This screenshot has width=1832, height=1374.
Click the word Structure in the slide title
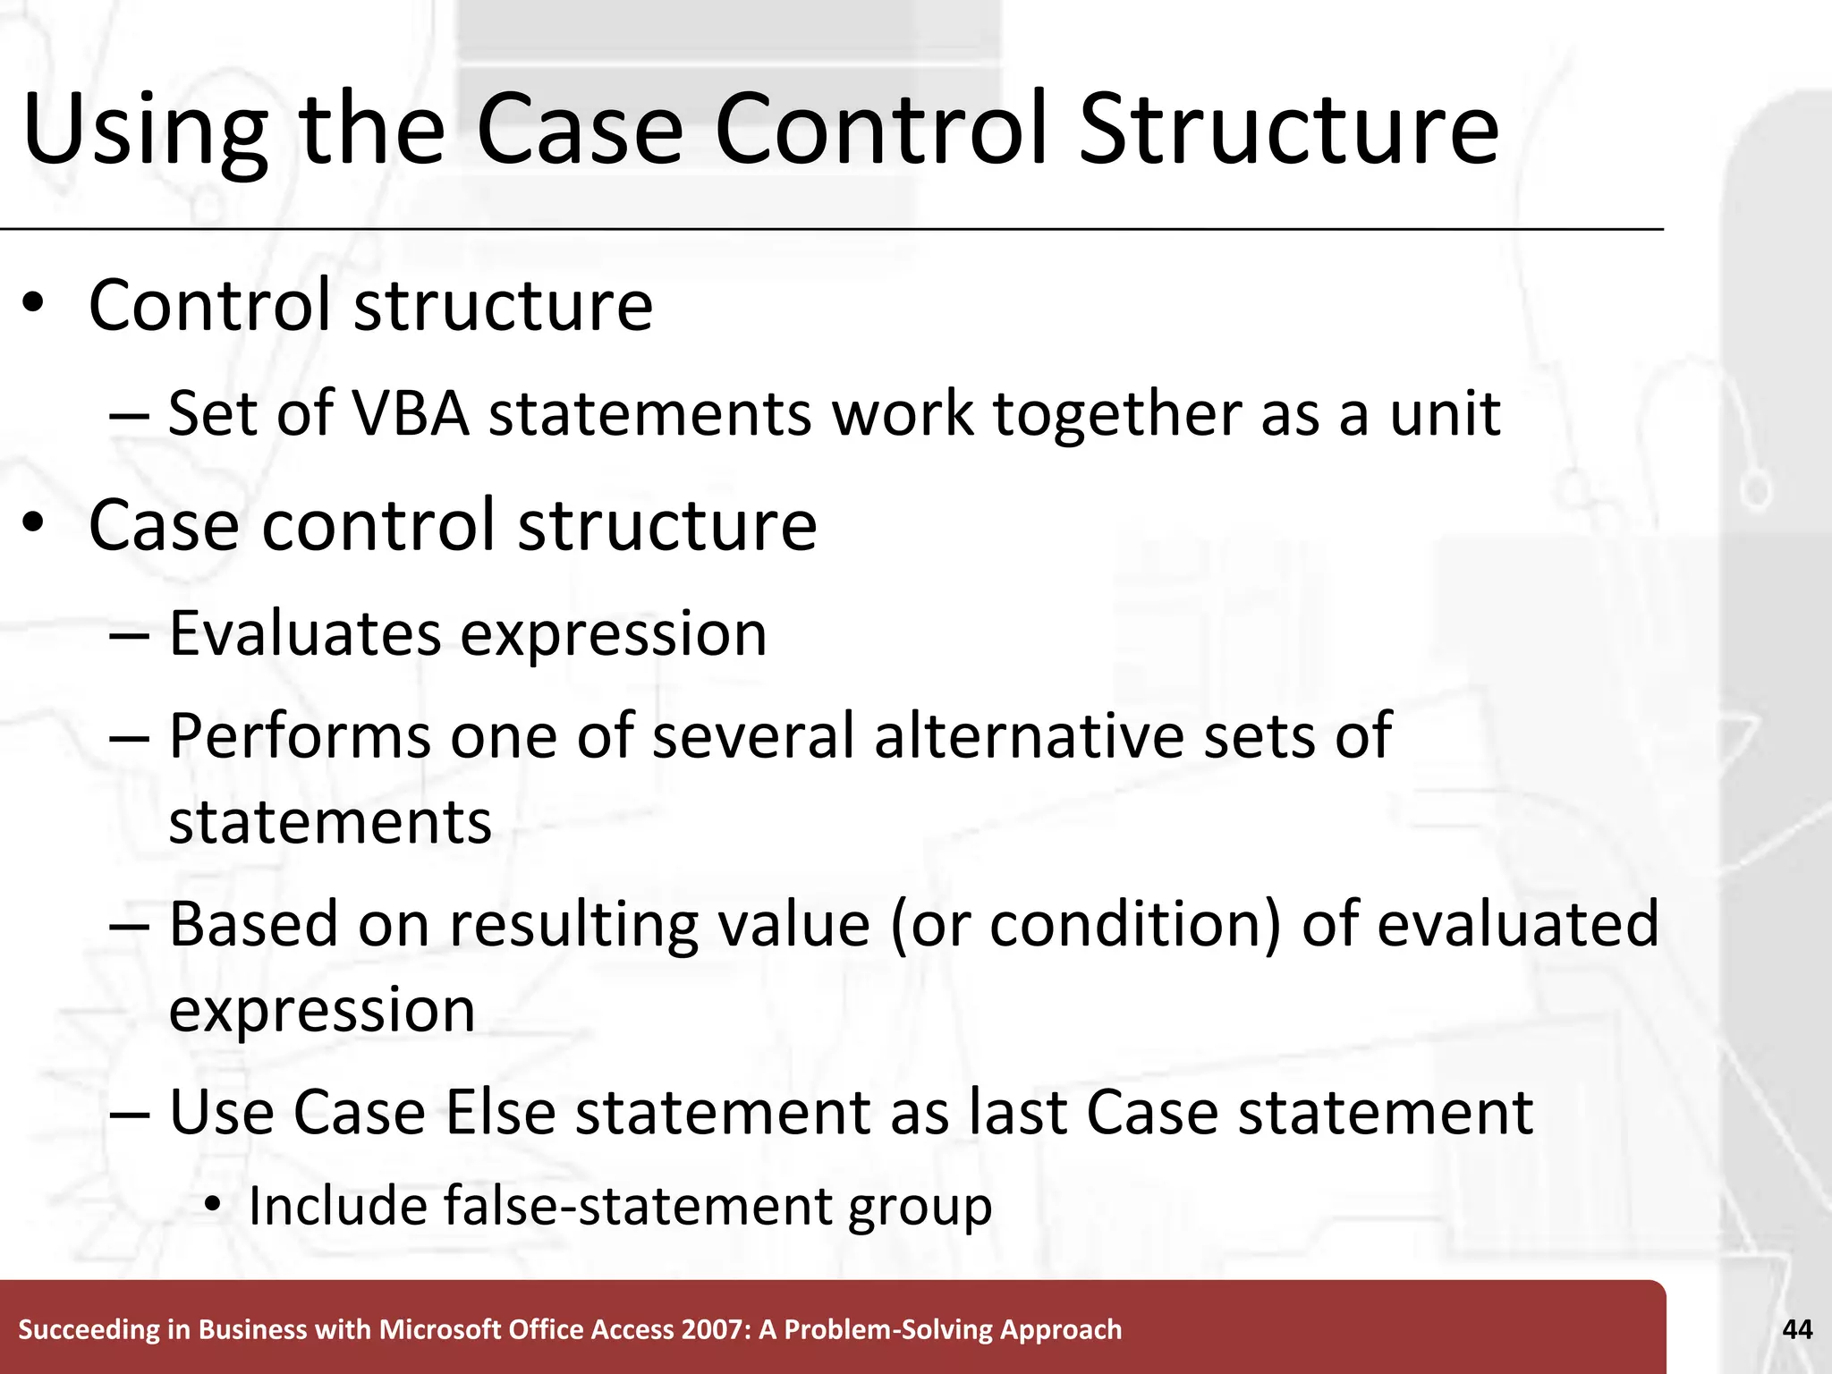pyautogui.click(x=1288, y=130)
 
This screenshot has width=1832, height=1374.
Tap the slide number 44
pyautogui.click(x=1797, y=1329)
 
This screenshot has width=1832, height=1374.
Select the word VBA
pyautogui.click(x=411, y=414)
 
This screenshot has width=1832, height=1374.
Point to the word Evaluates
pyautogui.click(x=304, y=633)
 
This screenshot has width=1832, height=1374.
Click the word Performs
pyautogui.click(x=300, y=736)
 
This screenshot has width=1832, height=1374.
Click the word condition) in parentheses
pyautogui.click(x=1136, y=924)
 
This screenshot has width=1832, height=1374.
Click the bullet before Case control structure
pyautogui.click(x=33, y=525)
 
